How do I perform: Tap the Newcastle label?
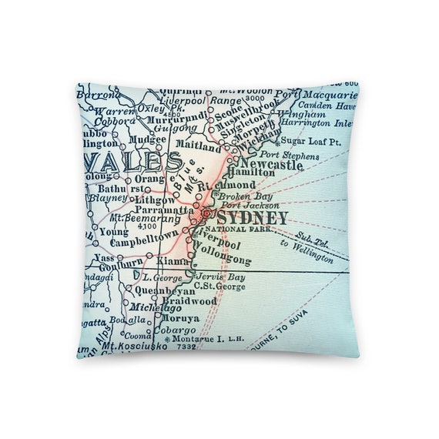click(x=271, y=165)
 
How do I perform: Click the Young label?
click(x=114, y=230)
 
